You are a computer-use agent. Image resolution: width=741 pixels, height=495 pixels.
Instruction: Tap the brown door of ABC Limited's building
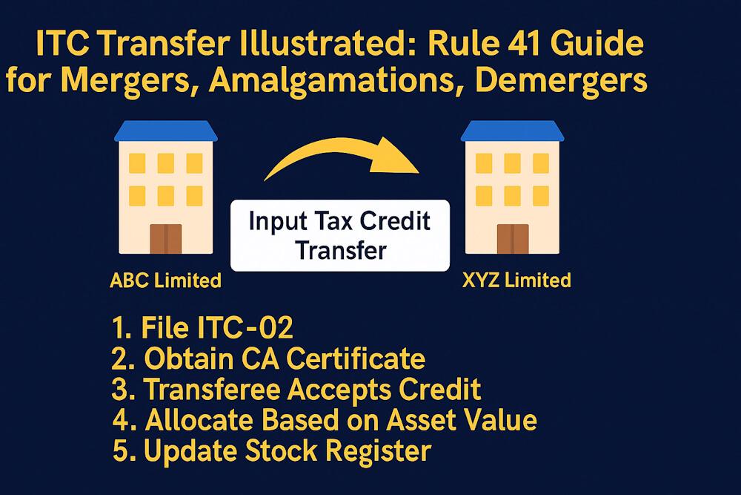click(165, 239)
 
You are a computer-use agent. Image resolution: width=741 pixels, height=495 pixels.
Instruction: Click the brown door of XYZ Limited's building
click(511, 239)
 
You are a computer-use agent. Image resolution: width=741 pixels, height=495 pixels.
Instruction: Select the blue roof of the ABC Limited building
click(165, 131)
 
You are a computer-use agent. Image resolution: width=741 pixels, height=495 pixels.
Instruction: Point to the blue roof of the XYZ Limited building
click(511, 131)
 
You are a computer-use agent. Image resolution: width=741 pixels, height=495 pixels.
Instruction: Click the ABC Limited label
click(165, 281)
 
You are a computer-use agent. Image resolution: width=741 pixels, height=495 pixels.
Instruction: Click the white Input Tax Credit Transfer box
click(340, 235)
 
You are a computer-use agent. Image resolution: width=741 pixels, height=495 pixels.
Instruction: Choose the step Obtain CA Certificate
click(268, 359)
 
